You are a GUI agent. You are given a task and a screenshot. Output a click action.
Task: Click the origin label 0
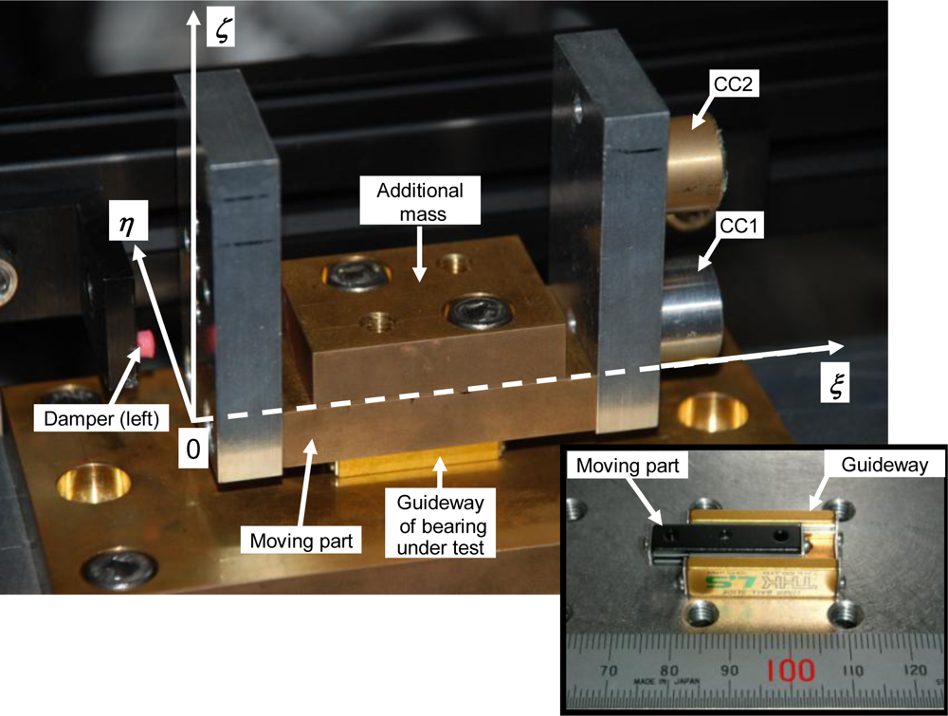[192, 449]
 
